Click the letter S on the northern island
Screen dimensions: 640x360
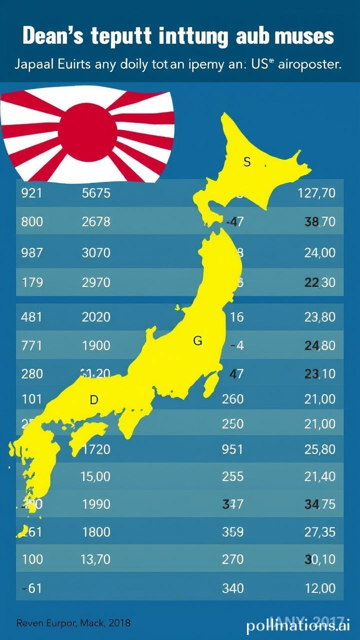pyautogui.click(x=246, y=162)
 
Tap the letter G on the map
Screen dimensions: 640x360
pyautogui.click(x=197, y=341)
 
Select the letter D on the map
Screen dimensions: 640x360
pyautogui.click(x=93, y=400)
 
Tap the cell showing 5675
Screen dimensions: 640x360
pyautogui.click(x=95, y=193)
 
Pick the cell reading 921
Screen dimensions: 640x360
pyautogui.click(x=31, y=193)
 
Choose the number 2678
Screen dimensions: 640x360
pyautogui.click(x=95, y=221)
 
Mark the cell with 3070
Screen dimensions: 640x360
pyautogui.click(x=95, y=253)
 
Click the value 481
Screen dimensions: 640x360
pyautogui.click(x=31, y=316)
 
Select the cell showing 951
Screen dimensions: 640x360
pyautogui.click(x=232, y=449)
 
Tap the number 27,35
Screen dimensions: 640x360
pyautogui.click(x=320, y=532)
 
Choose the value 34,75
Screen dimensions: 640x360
pyautogui.click(x=320, y=504)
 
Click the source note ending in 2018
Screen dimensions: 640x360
pyautogui.click(x=73, y=623)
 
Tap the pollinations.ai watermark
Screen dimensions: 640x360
pyautogui.click(x=298, y=625)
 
